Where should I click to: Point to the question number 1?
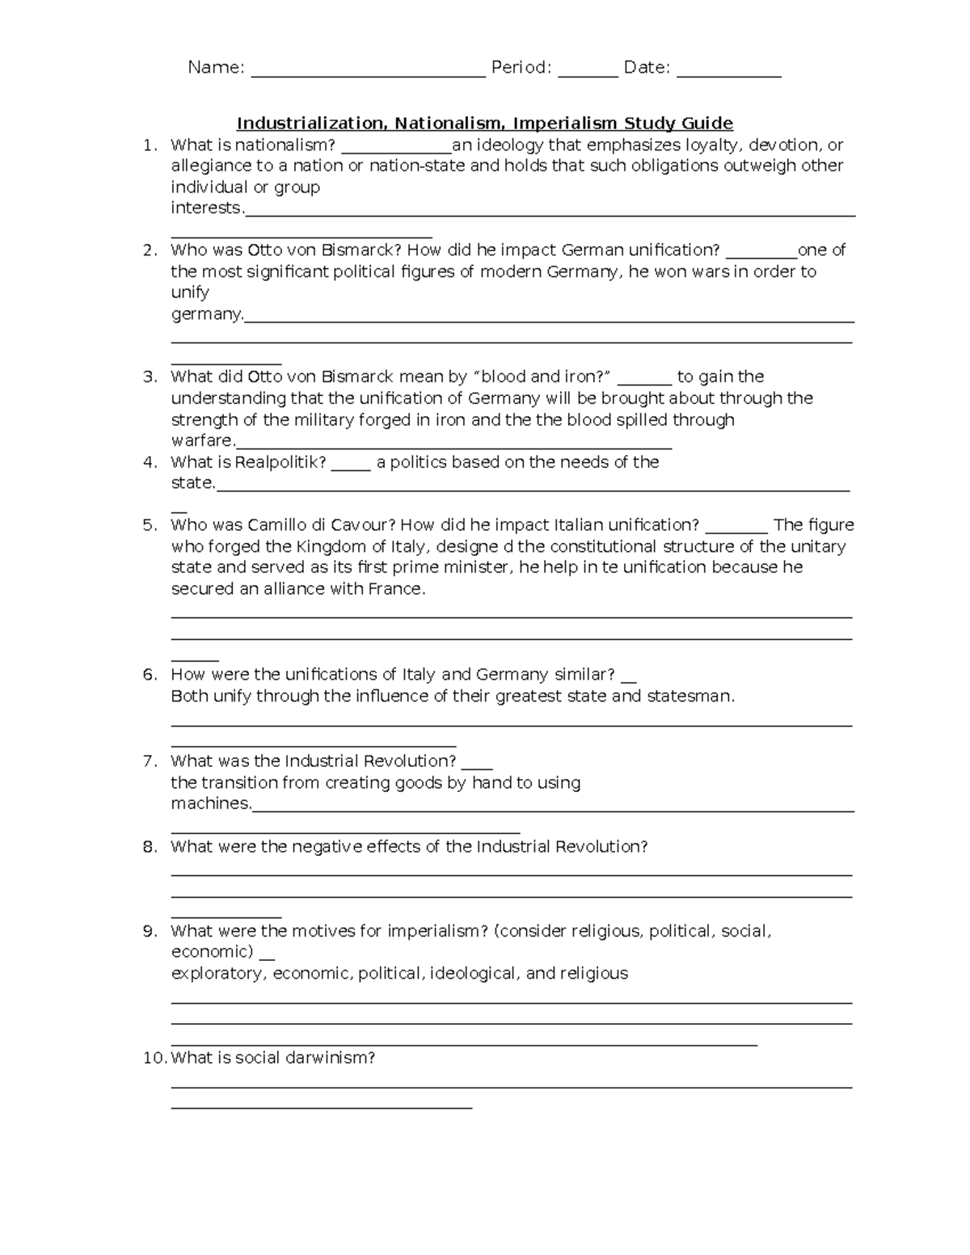click(x=147, y=145)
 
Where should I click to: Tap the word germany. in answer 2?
click(x=207, y=314)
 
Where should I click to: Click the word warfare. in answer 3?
click(x=203, y=441)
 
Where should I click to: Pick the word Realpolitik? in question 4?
click(x=280, y=462)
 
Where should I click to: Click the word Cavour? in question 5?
click(x=363, y=525)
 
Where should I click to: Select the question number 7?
click(x=149, y=761)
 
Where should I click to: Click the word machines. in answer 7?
click(x=211, y=804)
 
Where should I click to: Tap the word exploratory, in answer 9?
click(x=219, y=974)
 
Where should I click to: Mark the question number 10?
click(x=154, y=1058)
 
